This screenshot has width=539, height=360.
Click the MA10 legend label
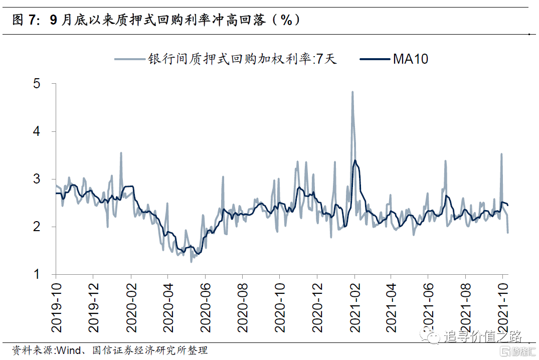410,59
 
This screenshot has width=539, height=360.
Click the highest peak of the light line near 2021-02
352,92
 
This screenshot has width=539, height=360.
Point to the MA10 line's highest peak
355,160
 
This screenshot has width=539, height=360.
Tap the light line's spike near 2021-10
501,154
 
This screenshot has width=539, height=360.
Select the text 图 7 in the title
24,20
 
